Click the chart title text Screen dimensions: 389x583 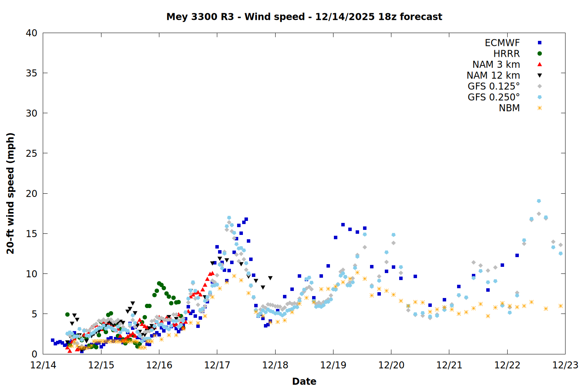[304, 17]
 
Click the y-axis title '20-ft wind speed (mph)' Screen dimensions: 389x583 [10, 193]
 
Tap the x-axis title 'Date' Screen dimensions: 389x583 [304, 381]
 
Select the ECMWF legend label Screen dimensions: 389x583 [502, 43]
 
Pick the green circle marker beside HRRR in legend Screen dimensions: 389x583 [539, 54]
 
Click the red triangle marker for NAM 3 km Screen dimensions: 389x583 [539, 65]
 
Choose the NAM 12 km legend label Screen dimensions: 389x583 [493, 75]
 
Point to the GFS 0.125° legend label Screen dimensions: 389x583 [494, 86]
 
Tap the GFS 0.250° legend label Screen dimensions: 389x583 [494, 97]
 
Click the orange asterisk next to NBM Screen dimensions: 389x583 [539, 108]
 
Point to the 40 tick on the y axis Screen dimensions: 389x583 [31, 33]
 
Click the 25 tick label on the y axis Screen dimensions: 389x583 [31, 153]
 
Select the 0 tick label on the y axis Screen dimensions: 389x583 [34, 354]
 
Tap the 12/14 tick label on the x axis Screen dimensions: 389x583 [43, 365]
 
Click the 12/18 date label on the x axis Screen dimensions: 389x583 [275, 365]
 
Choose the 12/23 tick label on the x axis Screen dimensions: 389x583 [565, 365]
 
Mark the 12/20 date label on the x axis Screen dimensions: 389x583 [391, 365]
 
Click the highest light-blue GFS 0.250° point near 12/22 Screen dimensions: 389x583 [539, 201]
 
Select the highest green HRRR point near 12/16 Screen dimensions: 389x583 [159, 284]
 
